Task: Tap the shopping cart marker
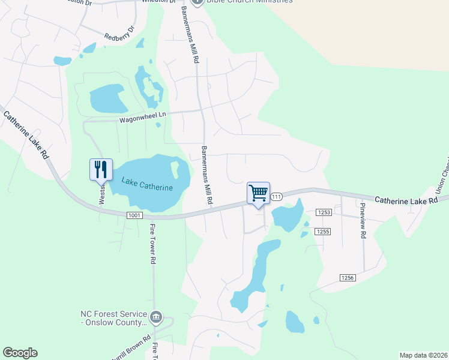pos(258,193)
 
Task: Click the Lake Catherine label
pos(147,184)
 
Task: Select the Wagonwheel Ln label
pos(142,117)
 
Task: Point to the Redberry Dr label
pos(120,37)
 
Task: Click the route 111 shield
pos(276,197)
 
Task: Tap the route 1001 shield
pos(134,215)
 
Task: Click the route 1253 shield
pos(324,212)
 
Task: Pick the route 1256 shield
pos(348,277)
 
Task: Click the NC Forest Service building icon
pos(156,316)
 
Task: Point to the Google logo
pos(20,353)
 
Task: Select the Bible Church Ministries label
pos(249,2)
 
